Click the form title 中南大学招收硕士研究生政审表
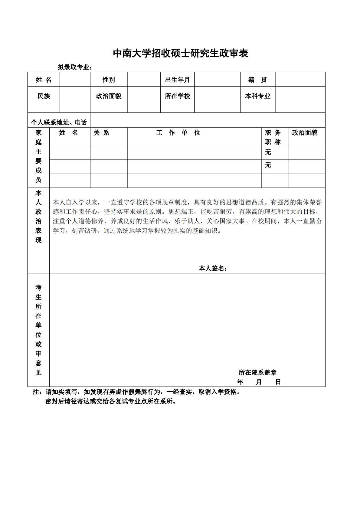click(x=180, y=54)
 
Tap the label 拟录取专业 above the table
click(x=74, y=67)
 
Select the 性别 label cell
click(x=109, y=80)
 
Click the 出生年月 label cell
click(x=177, y=80)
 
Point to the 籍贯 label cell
click(x=257, y=80)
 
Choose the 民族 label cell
click(x=44, y=96)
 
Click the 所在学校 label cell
click(x=177, y=96)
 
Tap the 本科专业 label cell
click(x=257, y=96)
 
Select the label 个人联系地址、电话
click(x=59, y=122)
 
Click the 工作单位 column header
click(x=178, y=133)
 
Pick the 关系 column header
click(x=101, y=133)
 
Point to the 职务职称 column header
click(x=273, y=137)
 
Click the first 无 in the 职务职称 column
click(x=268, y=152)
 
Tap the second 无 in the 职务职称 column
click(x=268, y=165)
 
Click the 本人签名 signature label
click(x=213, y=268)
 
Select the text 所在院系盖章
click(x=257, y=373)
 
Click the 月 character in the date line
click(x=259, y=382)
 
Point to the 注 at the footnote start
click(x=36, y=392)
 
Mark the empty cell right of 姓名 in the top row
click(x=75, y=80)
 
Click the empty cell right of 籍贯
click(x=300, y=80)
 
